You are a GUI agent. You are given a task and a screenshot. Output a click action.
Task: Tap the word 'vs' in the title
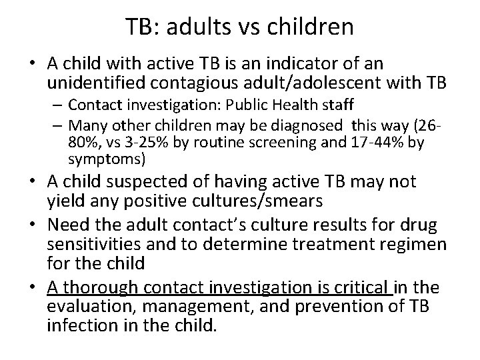click(239, 27)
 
